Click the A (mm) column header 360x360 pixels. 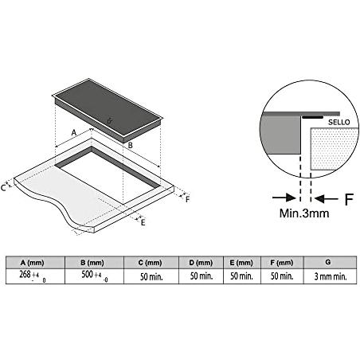32,263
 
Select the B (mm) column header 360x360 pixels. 92,263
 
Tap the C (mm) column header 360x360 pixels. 150,263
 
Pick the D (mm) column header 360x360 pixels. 201,263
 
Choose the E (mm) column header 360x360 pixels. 241,263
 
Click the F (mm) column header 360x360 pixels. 282,263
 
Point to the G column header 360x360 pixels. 328,262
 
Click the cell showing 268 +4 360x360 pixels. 35,276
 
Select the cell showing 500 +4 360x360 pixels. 94,276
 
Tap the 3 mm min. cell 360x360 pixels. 331,276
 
